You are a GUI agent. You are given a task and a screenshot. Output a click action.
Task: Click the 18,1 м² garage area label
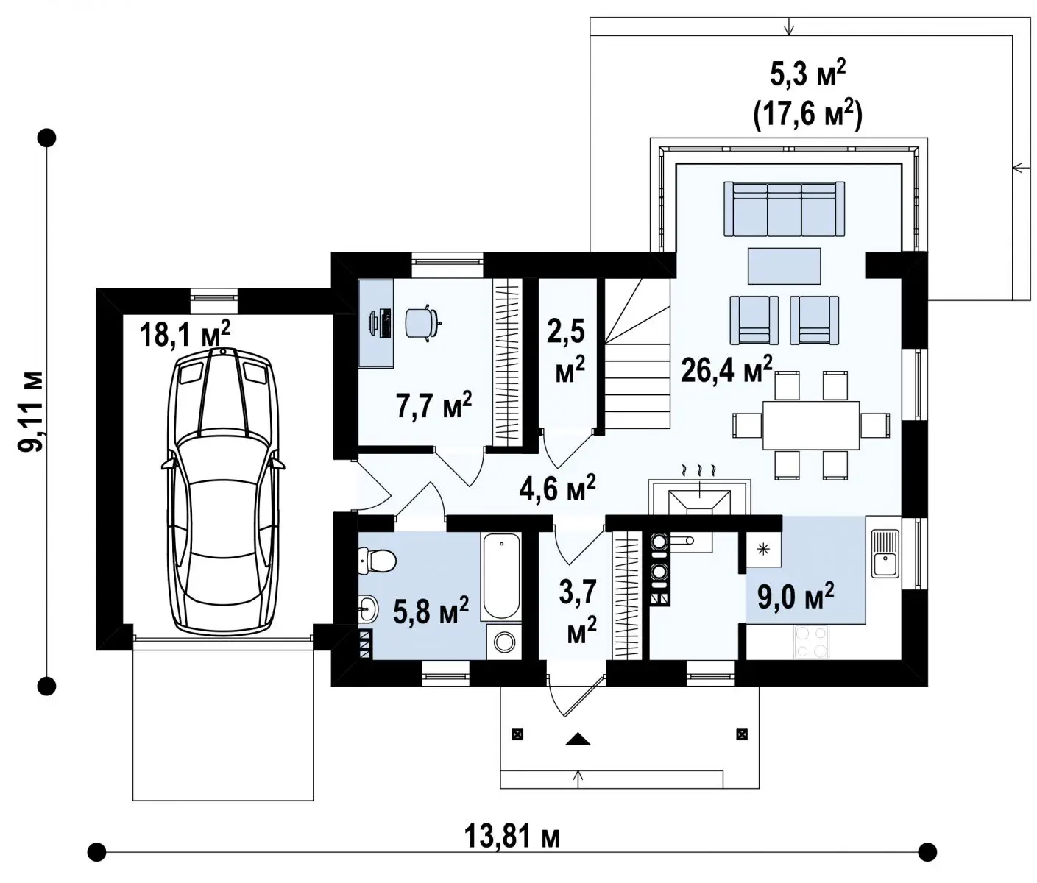pos(185,333)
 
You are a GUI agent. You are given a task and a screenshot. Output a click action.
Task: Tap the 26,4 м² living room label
pos(726,370)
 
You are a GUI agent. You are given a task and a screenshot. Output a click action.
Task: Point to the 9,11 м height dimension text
pos(31,412)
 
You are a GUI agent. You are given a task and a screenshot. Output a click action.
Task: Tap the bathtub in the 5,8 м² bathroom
pos(501,577)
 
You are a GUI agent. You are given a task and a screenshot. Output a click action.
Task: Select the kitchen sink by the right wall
pos(885,553)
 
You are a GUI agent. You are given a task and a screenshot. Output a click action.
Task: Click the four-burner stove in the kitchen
pos(811,642)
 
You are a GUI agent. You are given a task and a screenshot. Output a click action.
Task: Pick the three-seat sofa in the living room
pos(784,209)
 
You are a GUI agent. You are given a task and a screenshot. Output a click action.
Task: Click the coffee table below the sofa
pos(784,266)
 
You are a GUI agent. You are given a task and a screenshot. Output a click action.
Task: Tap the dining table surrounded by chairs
pos(811,425)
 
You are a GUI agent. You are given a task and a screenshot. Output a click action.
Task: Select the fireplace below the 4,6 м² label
pos(699,497)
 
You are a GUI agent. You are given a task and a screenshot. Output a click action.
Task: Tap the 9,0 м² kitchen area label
pos(796,596)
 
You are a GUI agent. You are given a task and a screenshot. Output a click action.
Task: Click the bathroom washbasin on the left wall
pos(367,608)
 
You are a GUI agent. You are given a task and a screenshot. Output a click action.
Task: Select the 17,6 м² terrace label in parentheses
pos(807,116)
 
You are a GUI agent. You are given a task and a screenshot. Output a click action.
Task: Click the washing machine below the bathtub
pos(504,641)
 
